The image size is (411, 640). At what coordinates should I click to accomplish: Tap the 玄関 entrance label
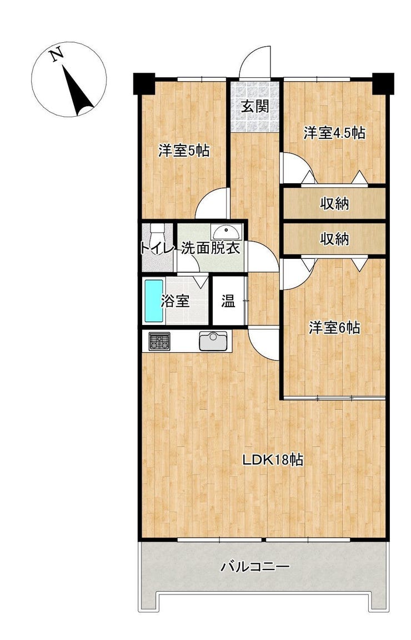[255, 107]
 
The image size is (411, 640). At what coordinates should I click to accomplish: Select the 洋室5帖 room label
[184, 151]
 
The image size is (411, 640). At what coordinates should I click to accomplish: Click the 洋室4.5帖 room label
[334, 133]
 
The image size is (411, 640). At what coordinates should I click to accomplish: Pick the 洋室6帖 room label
[334, 327]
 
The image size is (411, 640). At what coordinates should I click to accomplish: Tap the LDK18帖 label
[273, 460]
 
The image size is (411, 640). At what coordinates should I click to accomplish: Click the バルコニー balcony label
[255, 567]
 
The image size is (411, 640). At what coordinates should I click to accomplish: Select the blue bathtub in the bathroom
[154, 301]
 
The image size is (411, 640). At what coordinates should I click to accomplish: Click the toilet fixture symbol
[157, 239]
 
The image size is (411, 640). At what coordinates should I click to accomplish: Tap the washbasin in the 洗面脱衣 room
[227, 232]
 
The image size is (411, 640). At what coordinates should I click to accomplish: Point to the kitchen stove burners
[159, 341]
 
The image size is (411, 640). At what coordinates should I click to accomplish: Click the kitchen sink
[213, 341]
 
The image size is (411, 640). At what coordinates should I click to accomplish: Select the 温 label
[228, 302]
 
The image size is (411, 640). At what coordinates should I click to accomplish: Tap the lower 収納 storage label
[334, 239]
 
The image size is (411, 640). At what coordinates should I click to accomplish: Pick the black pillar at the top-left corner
[144, 83]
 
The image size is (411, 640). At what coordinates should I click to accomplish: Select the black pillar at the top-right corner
[383, 83]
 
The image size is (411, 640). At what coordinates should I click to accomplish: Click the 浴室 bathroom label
[175, 302]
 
